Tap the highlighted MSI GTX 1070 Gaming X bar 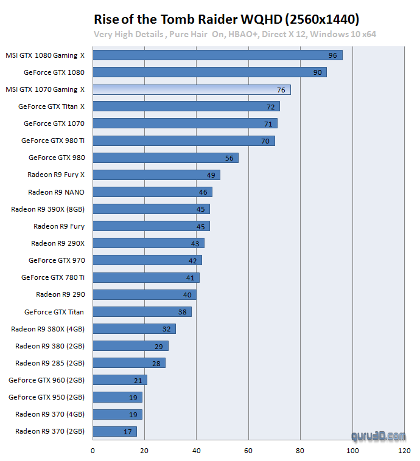191,89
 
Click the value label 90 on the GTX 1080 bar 317,72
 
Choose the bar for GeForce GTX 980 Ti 183,140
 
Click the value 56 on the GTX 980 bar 229,158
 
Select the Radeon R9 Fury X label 55,175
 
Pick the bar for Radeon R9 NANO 152,192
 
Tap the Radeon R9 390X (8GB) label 47,209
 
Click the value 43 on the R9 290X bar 195,243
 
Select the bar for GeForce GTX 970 147,260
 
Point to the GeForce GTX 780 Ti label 53,277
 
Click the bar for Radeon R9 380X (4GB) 134,329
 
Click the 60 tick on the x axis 248,451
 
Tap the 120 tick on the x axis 404,451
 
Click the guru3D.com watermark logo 378,435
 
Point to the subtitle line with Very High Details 235,34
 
